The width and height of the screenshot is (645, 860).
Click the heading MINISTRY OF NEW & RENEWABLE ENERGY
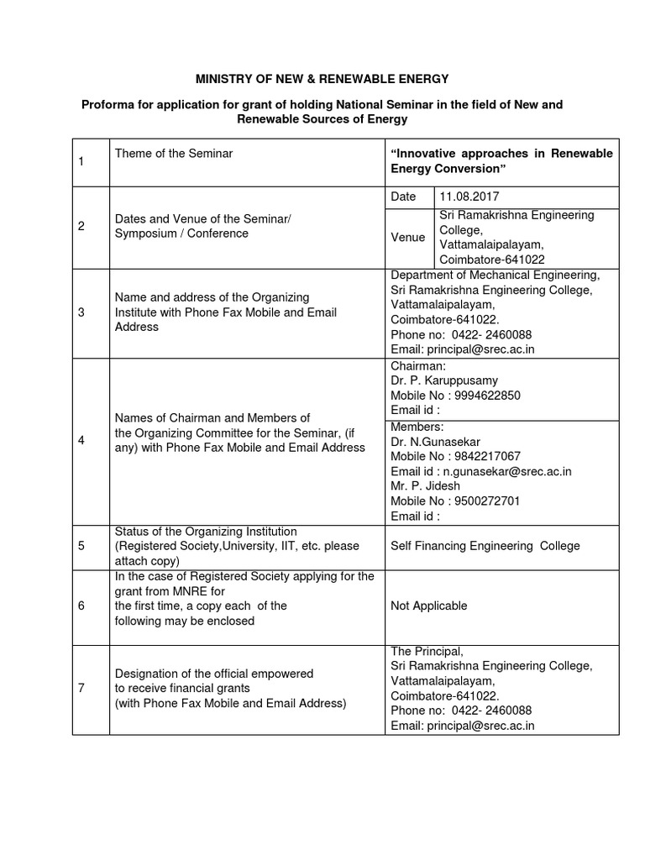coord(323,79)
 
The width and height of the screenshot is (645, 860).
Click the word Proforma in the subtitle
coord(107,104)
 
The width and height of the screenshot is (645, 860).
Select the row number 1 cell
coord(81,161)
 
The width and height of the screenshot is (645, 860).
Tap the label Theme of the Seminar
coord(174,154)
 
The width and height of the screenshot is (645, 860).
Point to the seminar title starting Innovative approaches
coord(501,161)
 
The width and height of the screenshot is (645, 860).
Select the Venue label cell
coord(407,238)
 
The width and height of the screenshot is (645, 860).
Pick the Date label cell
coord(404,197)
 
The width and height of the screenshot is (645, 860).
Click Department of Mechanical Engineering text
coord(496,275)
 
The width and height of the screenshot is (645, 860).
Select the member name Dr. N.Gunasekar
coord(436,442)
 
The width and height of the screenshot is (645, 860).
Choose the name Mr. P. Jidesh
coord(427,485)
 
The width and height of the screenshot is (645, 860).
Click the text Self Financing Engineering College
coord(485,546)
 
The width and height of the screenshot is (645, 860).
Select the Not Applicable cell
coord(429,606)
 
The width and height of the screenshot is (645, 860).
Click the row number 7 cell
coord(81,689)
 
